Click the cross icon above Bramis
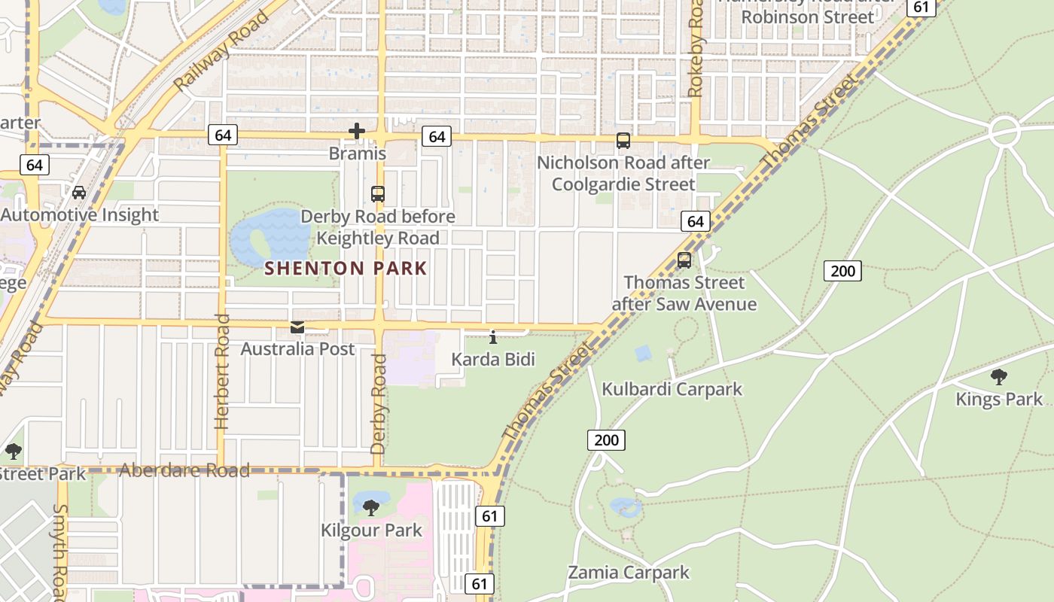pyautogui.click(x=357, y=132)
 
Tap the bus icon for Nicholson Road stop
pyautogui.click(x=623, y=141)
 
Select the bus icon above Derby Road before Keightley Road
pyautogui.click(x=378, y=194)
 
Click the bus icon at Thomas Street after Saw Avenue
pyautogui.click(x=684, y=260)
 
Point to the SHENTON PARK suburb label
pyautogui.click(x=346, y=268)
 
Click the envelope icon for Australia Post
pyautogui.click(x=297, y=327)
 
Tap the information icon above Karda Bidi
pyautogui.click(x=493, y=337)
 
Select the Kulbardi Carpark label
pyautogui.click(x=672, y=389)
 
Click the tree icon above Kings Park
pyautogui.click(x=999, y=377)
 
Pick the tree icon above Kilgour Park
pyautogui.click(x=371, y=508)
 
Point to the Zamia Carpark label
pyautogui.click(x=628, y=572)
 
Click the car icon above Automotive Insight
pyautogui.click(x=79, y=193)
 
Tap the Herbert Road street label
pyautogui.click(x=222, y=372)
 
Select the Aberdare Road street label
pyautogui.click(x=184, y=471)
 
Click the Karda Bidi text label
pyautogui.click(x=493, y=359)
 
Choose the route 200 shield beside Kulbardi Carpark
pyautogui.click(x=606, y=440)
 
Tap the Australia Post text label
pyautogui.click(x=297, y=349)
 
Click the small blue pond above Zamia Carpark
pyautogui.click(x=626, y=507)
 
